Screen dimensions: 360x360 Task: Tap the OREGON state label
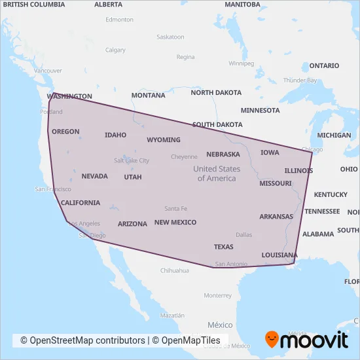click(65, 132)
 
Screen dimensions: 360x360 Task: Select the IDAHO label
click(115, 135)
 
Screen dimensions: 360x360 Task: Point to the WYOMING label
click(163, 140)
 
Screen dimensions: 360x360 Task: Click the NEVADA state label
click(94, 176)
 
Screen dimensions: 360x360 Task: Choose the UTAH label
click(132, 177)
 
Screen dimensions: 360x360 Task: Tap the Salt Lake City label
click(132, 160)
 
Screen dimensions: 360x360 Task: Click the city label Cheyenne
click(184, 157)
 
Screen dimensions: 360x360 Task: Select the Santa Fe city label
click(175, 209)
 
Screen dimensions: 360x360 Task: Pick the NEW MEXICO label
click(175, 223)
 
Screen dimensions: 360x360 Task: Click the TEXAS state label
click(223, 247)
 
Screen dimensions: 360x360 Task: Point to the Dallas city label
click(243, 234)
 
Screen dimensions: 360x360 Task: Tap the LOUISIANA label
click(279, 255)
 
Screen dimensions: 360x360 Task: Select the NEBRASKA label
click(223, 154)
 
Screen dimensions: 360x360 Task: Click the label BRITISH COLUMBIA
click(33, 4)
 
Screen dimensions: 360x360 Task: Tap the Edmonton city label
click(119, 20)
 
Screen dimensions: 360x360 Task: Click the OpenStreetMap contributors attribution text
click(82, 340)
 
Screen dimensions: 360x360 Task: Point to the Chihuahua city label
click(174, 270)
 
